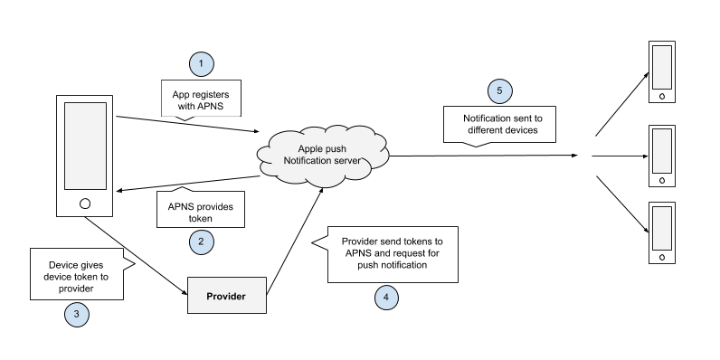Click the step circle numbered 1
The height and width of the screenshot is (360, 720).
pyautogui.click(x=201, y=64)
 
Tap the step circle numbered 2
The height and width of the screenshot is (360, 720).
pyautogui.click(x=201, y=242)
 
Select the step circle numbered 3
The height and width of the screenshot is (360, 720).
pyautogui.click(x=78, y=314)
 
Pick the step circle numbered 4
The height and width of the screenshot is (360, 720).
pyautogui.click(x=387, y=296)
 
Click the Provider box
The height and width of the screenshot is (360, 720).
pyautogui.click(x=226, y=296)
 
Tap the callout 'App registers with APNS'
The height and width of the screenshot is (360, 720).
pyautogui.click(x=200, y=99)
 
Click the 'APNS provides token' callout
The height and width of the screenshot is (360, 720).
pyautogui.click(x=200, y=212)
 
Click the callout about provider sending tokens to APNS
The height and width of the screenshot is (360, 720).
pyautogui.click(x=392, y=254)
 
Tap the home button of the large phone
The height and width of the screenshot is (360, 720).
pyautogui.click(x=85, y=203)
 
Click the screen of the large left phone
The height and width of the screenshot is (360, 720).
pyautogui.click(x=85, y=144)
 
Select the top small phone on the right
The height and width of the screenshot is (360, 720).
pyautogui.click(x=663, y=71)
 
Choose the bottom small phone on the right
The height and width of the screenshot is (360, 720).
pyautogui.click(x=663, y=232)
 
